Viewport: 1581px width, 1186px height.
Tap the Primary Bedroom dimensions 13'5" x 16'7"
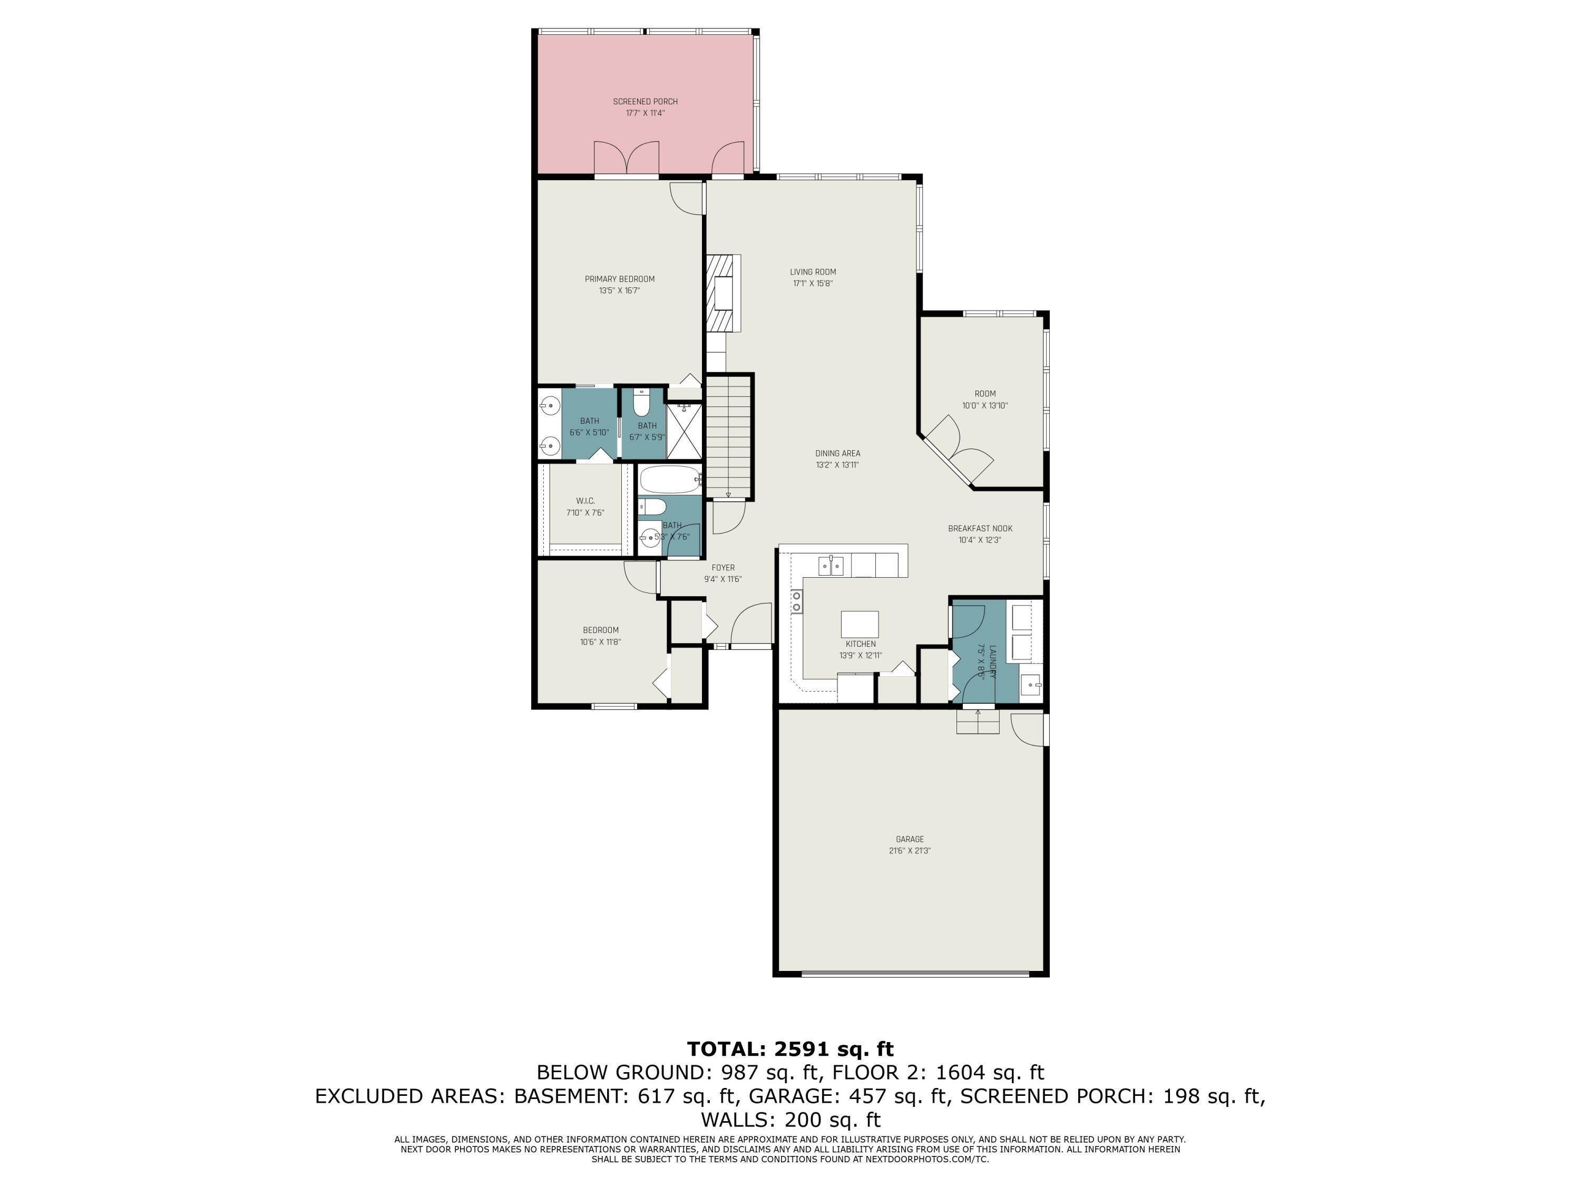pyautogui.click(x=619, y=291)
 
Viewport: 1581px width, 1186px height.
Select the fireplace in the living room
pyautogui.click(x=724, y=293)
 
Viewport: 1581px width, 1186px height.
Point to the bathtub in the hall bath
pyautogui.click(x=670, y=480)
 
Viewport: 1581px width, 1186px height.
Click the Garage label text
pyautogui.click(x=909, y=839)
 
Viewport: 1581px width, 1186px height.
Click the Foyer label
pyautogui.click(x=723, y=568)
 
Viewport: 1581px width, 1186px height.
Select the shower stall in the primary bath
pyautogui.click(x=685, y=431)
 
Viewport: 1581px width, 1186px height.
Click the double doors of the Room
pyautogui.click(x=958, y=450)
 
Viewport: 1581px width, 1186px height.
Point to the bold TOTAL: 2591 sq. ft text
pyautogui.click(x=790, y=1049)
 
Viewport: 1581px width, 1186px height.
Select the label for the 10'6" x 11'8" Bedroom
pyautogui.click(x=600, y=630)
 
